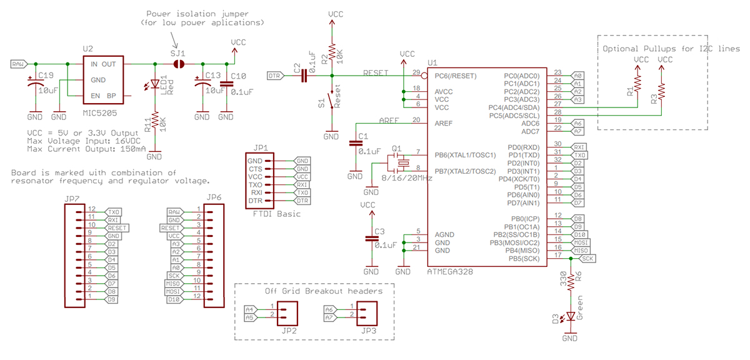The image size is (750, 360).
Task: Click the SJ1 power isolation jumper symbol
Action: [179, 64]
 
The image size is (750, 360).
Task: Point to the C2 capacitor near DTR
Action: [304, 76]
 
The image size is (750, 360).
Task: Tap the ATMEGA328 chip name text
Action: [451, 272]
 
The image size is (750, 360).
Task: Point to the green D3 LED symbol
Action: [570, 317]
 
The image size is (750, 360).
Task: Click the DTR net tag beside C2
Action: [274, 76]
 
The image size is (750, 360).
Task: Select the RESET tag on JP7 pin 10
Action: [117, 227]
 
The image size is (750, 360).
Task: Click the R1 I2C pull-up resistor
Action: [638, 84]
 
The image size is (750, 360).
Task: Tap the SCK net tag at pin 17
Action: [587, 257]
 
